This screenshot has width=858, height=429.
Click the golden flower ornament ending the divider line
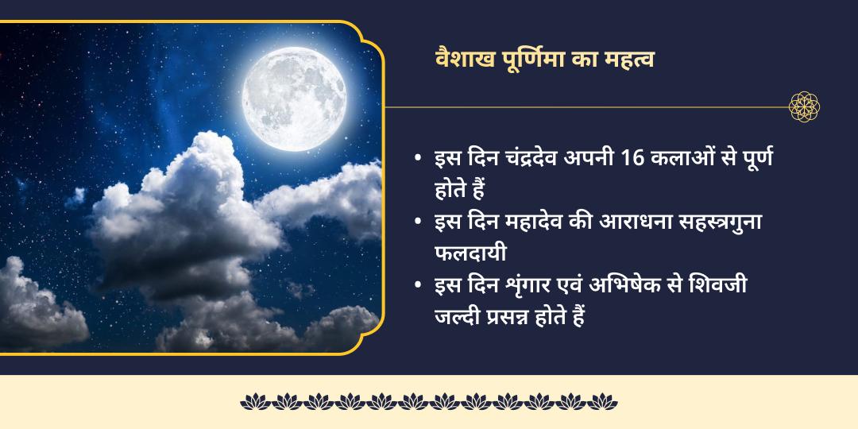coord(804,106)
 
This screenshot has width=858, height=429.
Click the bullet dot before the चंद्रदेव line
coord(418,157)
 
